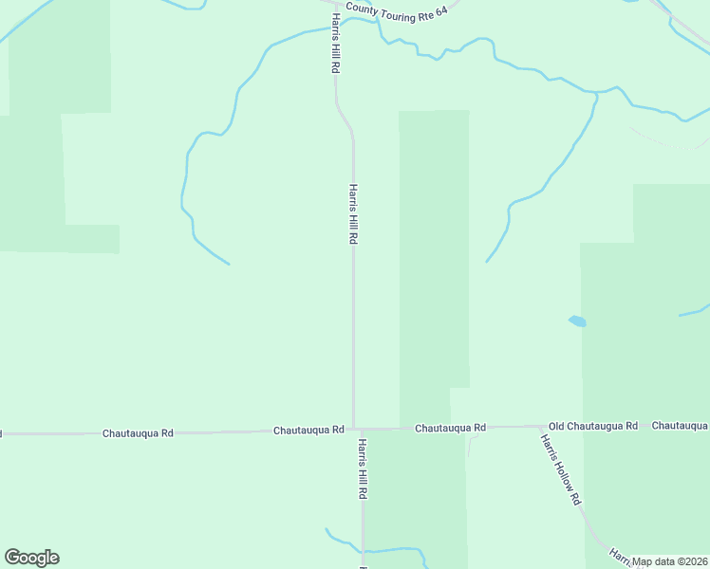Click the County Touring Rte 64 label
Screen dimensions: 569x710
(x=396, y=9)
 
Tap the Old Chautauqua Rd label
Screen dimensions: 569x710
(x=593, y=427)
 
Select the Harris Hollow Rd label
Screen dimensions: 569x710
(x=560, y=468)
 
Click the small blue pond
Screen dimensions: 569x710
(x=577, y=321)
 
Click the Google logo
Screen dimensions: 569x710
(x=31, y=558)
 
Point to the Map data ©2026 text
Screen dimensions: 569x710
(x=670, y=561)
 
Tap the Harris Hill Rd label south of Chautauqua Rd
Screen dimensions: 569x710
(x=362, y=468)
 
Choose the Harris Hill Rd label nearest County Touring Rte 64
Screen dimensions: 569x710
(x=335, y=45)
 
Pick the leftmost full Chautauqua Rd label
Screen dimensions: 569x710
(x=138, y=433)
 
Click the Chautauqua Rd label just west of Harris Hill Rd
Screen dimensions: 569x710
(x=308, y=430)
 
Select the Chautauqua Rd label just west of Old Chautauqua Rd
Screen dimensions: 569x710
(x=450, y=429)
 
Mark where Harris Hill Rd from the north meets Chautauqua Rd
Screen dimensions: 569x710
(x=354, y=429)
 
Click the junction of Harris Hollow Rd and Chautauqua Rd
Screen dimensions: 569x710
(x=539, y=428)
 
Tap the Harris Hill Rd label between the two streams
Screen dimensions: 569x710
(x=352, y=214)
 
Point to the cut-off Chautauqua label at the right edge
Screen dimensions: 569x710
(x=681, y=426)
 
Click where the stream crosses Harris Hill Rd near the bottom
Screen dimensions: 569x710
(x=362, y=550)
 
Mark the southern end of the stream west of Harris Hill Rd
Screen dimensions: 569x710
(x=228, y=263)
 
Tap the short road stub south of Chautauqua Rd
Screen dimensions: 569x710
(x=468, y=444)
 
